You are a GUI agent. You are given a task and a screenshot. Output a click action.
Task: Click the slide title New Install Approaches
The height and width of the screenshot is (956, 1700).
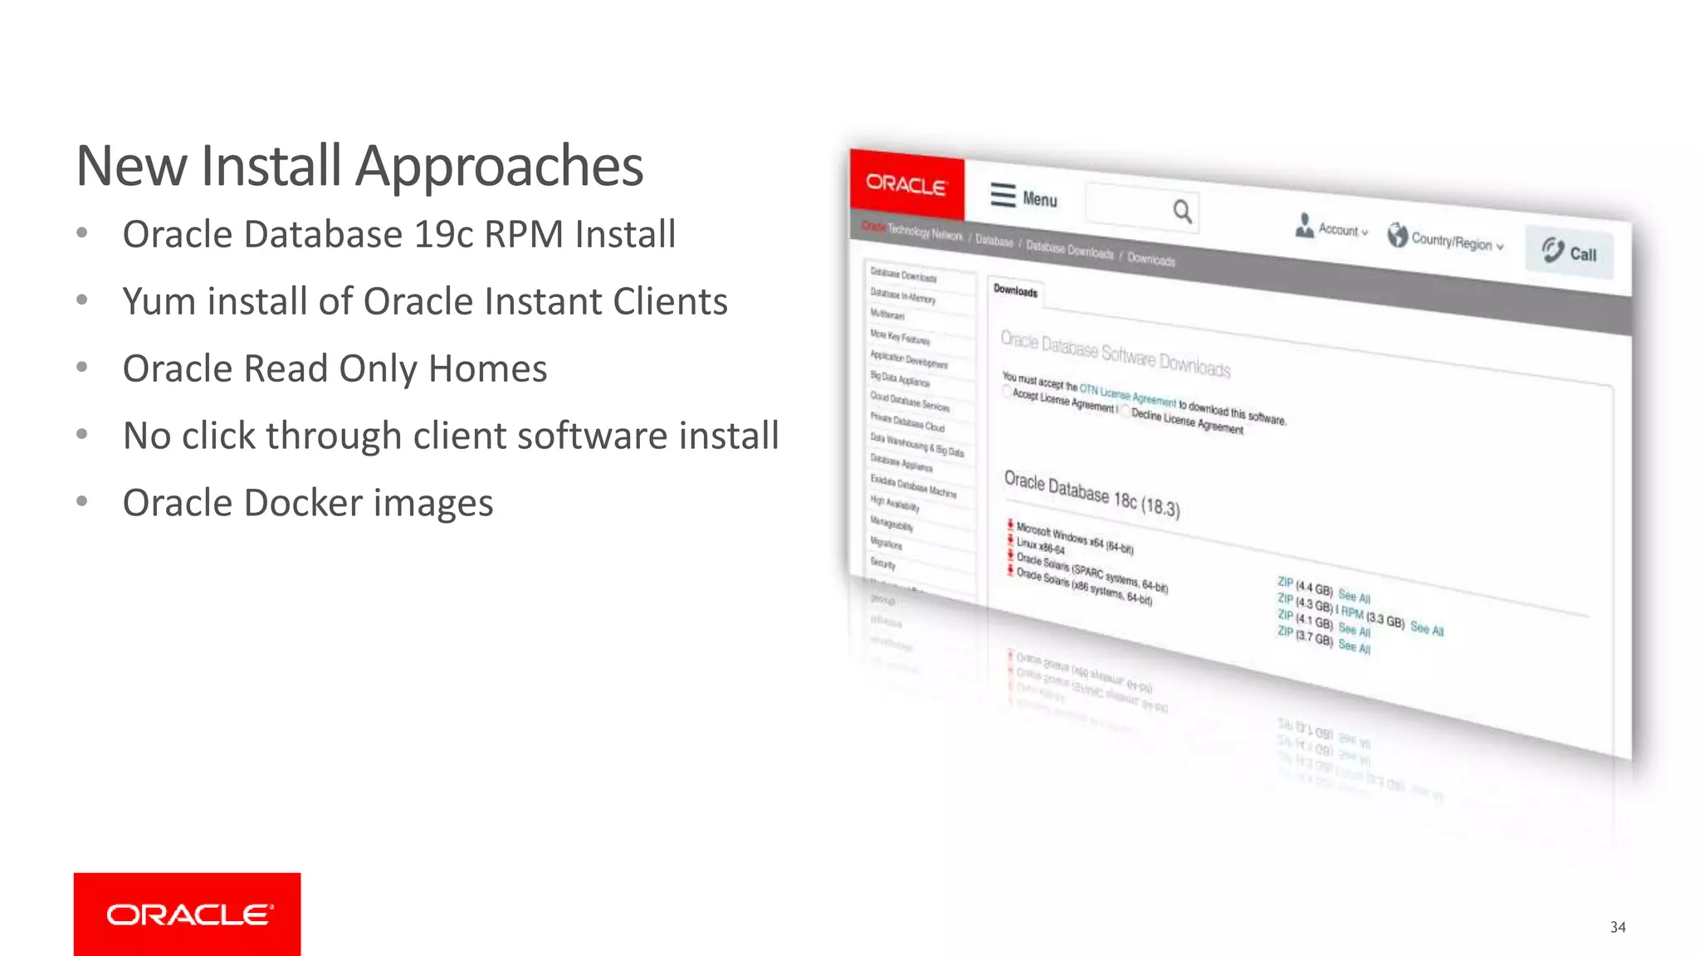[359, 167]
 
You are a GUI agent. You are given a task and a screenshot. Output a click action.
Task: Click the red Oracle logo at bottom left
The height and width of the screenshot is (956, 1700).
[188, 914]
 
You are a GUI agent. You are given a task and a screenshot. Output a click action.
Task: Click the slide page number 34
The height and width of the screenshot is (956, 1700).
[1617, 927]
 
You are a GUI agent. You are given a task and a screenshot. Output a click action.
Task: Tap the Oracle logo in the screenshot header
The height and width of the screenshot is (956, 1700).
[906, 185]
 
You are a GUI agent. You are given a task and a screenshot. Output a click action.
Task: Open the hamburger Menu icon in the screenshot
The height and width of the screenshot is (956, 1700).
[1003, 195]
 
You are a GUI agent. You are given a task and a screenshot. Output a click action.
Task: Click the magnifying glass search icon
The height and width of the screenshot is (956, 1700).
[1182, 212]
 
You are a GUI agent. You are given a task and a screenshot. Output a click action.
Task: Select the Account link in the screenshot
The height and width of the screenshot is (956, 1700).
[1337, 229]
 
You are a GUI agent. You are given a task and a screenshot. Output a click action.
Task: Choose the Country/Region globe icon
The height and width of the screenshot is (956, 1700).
[1398, 236]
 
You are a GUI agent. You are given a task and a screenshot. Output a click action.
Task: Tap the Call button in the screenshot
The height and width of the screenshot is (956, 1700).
[1569, 252]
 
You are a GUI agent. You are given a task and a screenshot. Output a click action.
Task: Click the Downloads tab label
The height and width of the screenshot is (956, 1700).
[1015, 291]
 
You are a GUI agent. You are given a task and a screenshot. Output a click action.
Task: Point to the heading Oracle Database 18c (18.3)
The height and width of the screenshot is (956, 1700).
[1092, 494]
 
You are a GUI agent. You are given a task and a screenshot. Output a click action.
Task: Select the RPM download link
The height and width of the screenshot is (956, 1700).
[1352, 613]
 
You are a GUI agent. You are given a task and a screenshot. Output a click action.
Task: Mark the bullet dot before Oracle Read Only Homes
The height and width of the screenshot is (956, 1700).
[81, 368]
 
